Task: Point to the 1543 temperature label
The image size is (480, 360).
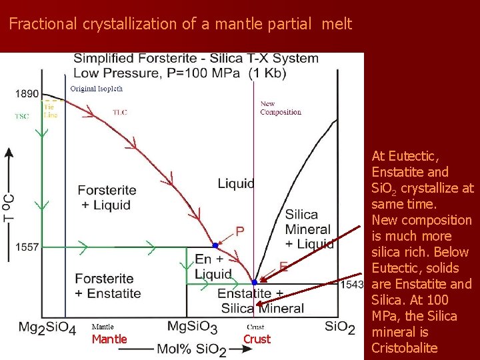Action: coord(352,285)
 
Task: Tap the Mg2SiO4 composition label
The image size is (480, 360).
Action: coord(47,327)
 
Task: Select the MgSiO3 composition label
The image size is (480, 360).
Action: coord(192,327)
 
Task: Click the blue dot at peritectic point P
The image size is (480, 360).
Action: coord(215,245)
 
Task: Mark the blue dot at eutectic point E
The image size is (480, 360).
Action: coord(254,282)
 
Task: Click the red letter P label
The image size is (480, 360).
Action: coord(240,231)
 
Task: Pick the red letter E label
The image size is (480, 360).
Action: coord(283,267)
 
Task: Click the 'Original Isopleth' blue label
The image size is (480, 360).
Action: coord(97,89)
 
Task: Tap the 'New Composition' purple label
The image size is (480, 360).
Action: coord(280,108)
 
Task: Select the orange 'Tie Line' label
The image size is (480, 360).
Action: coord(51,111)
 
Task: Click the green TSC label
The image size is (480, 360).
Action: coord(22,116)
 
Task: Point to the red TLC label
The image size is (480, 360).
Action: coord(119,112)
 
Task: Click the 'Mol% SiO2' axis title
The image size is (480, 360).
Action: coord(191,349)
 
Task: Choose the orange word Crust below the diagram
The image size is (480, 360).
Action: coord(257,339)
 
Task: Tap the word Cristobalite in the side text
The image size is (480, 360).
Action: coord(404,348)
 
